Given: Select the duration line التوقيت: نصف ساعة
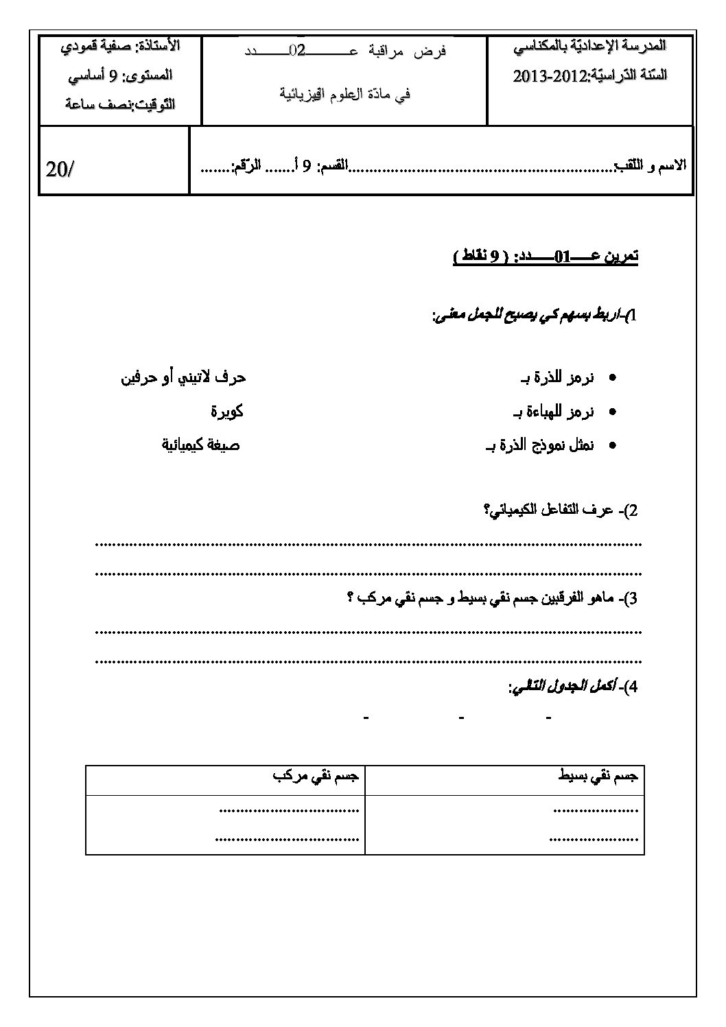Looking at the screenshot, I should point(119,105).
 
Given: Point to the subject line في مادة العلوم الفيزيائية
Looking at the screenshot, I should point(347,95).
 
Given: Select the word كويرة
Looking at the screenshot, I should point(226,411).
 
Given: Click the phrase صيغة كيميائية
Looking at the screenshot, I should point(200,445).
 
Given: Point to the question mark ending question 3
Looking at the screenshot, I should point(351,598).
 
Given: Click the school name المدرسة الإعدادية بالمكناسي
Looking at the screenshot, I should point(590,47).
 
